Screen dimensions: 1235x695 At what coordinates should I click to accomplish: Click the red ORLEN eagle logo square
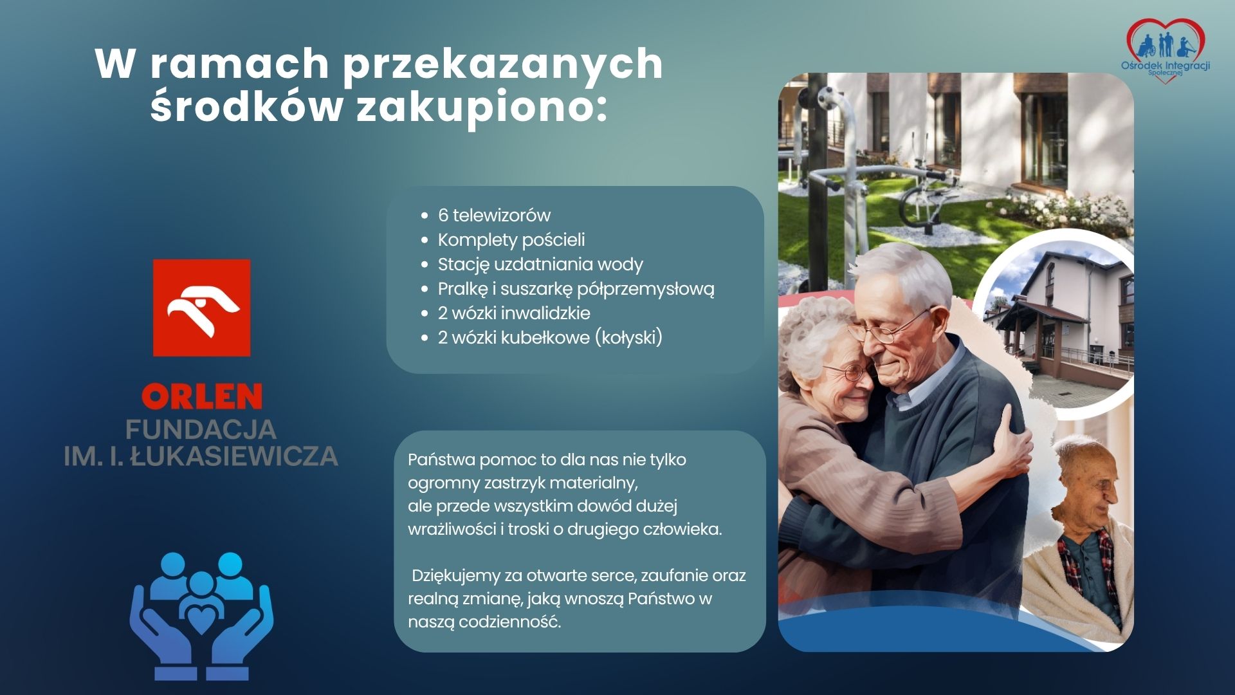[x=201, y=308]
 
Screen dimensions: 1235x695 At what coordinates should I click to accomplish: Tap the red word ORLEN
[x=201, y=396]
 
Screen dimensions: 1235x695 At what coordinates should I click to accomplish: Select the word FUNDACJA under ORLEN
[x=201, y=429]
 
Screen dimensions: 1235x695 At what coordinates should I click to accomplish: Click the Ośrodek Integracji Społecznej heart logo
[x=1165, y=48]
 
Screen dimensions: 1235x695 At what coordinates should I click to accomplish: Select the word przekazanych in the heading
[x=502, y=64]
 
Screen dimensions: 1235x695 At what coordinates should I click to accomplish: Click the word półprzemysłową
[x=645, y=290]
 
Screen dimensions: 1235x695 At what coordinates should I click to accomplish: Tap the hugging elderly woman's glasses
[x=848, y=371]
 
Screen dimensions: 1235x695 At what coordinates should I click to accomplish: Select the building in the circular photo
[x=1059, y=319]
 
